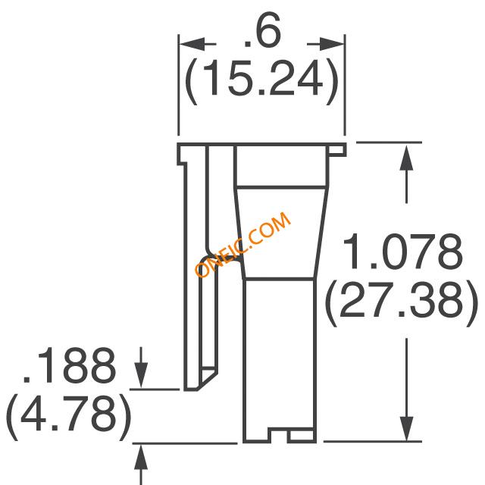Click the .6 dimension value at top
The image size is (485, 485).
click(x=262, y=31)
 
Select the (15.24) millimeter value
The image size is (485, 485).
click(x=261, y=80)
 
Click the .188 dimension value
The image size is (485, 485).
click(x=69, y=365)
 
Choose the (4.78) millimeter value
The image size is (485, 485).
click(x=69, y=416)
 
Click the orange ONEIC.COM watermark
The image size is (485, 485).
click(x=243, y=244)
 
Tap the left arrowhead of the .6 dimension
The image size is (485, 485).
click(x=192, y=44)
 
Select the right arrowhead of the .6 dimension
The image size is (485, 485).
click(x=332, y=44)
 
